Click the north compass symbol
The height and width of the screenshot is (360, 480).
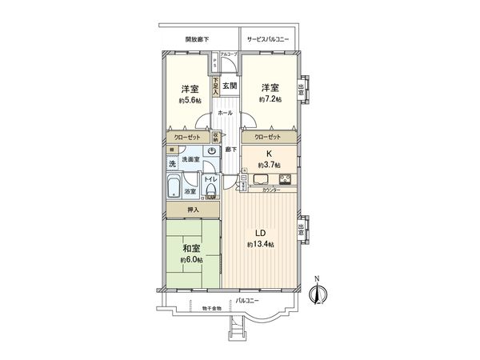point(318,294)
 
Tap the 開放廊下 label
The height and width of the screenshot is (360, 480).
point(197,39)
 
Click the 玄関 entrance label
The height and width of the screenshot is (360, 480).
point(227,86)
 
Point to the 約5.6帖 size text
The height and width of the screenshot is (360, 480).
point(190,101)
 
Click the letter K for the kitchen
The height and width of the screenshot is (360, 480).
point(268,154)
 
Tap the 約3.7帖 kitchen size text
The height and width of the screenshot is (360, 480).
point(268,166)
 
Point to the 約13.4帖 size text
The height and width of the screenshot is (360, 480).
point(261,244)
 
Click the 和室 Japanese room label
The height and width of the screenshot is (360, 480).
point(190,248)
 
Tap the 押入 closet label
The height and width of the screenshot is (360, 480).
point(192,210)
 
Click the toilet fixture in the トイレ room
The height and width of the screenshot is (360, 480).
point(210,190)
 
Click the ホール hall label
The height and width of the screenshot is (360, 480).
point(226,114)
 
